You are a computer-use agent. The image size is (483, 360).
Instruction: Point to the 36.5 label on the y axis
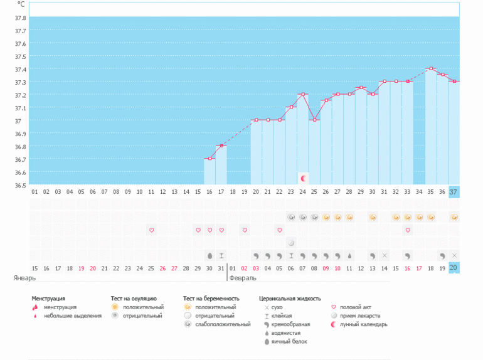[20, 186]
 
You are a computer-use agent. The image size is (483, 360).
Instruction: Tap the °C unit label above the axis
[21, 4]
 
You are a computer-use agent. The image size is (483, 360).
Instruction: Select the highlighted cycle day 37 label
[454, 191]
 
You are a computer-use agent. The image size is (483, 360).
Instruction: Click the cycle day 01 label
[34, 191]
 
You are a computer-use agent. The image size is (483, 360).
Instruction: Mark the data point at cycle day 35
[431, 68]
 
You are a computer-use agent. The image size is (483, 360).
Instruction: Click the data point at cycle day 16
[210, 159]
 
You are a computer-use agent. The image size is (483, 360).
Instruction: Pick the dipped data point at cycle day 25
[314, 120]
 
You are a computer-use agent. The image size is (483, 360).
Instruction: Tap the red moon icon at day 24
[303, 178]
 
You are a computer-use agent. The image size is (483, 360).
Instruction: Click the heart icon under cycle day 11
[151, 230]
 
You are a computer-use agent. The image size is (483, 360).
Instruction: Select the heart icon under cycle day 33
[408, 230]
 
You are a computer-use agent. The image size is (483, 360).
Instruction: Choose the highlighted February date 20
[454, 268]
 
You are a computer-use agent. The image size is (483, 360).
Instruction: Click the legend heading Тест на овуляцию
[134, 299]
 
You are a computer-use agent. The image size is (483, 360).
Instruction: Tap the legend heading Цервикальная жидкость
[290, 299]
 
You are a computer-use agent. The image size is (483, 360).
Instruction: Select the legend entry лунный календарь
[363, 324]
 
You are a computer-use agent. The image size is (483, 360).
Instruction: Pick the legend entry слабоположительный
[222, 324]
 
